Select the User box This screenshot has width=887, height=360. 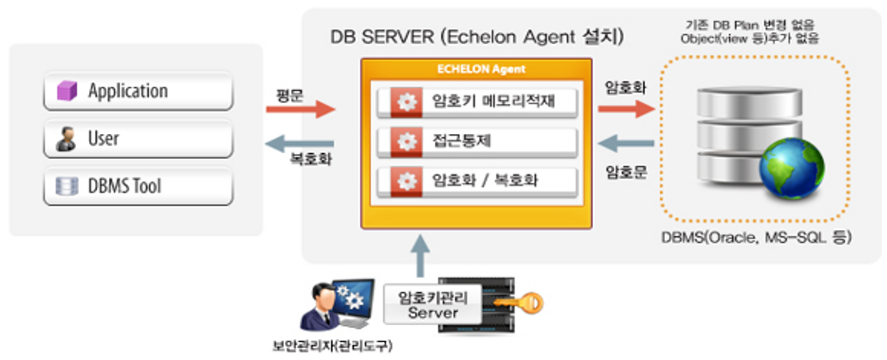(x=138, y=139)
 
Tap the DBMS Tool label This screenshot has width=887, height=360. (x=124, y=187)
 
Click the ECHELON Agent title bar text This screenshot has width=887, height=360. (x=476, y=69)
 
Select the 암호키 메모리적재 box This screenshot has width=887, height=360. (x=476, y=101)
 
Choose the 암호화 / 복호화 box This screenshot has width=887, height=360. (x=476, y=181)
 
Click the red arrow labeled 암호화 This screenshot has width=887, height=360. (x=625, y=109)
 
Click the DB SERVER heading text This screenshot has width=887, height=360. (x=477, y=37)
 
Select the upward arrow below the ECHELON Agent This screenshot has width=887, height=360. (x=420, y=256)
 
